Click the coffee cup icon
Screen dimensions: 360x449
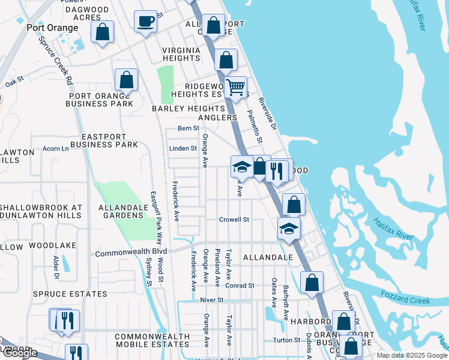click(145, 22)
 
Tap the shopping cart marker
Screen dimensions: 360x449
click(236, 86)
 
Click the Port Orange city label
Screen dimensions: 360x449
click(52, 28)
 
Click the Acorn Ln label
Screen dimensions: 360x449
click(56, 148)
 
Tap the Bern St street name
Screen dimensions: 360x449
click(188, 128)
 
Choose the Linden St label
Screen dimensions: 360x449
click(184, 148)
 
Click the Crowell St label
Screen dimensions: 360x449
click(234, 220)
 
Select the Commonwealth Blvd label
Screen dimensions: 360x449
click(131, 254)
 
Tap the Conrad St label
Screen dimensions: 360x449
click(240, 286)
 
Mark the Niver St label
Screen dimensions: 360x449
click(212, 299)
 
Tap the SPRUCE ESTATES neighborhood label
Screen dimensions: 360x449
click(70, 294)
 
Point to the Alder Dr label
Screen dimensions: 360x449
click(56, 267)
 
